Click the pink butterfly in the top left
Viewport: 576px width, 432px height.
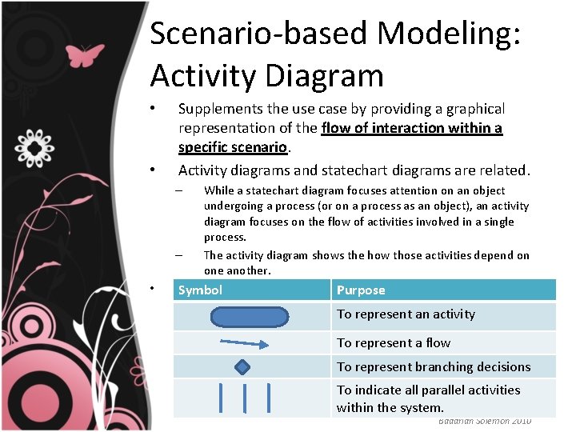(x=86, y=55)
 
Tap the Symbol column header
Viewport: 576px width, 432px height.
(x=200, y=290)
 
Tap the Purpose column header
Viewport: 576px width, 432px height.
(x=361, y=290)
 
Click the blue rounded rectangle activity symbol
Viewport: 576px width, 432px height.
(x=249, y=317)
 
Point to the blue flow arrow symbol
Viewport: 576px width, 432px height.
(x=244, y=343)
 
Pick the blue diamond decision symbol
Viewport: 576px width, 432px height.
(x=242, y=367)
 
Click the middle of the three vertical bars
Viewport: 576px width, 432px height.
(x=244, y=398)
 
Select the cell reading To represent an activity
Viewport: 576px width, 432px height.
(x=406, y=314)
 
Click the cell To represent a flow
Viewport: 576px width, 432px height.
(x=393, y=342)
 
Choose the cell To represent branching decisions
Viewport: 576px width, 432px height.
(x=433, y=367)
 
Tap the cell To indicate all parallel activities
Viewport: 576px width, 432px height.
(x=428, y=390)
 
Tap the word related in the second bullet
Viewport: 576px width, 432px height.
(x=503, y=170)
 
